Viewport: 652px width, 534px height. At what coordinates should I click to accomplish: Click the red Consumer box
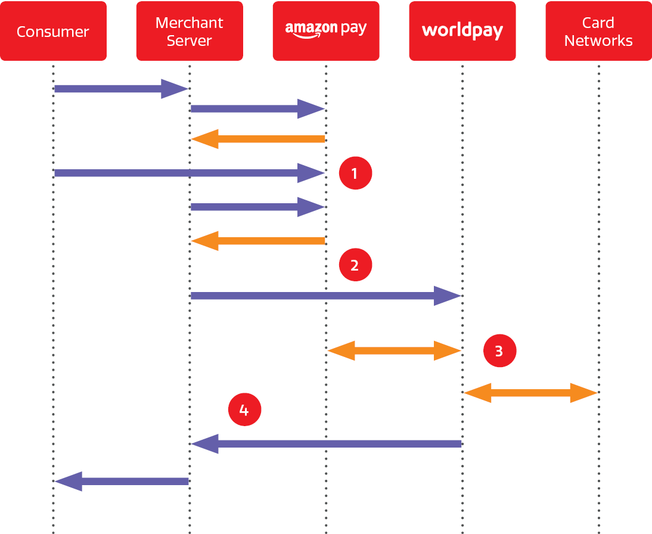(53, 31)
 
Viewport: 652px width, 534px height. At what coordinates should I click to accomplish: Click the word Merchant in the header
(189, 23)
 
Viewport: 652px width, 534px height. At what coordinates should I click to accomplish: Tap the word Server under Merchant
(189, 41)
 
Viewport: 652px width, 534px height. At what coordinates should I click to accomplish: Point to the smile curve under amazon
(308, 37)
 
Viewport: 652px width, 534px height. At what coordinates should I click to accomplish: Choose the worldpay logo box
(462, 31)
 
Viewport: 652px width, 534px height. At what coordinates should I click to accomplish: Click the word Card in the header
(598, 23)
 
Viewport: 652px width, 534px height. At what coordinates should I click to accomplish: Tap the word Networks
(598, 41)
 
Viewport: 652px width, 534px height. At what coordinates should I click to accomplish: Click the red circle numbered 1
(355, 173)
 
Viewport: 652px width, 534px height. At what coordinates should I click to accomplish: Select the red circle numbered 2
(355, 265)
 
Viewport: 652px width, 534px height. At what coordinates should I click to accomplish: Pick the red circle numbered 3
(499, 351)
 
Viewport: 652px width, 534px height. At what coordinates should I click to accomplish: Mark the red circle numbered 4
(244, 410)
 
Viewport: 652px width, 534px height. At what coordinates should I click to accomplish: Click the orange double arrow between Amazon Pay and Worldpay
(394, 351)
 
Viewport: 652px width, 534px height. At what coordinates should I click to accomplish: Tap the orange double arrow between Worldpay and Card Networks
(530, 393)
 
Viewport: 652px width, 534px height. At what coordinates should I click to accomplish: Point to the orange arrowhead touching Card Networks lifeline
(585, 393)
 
